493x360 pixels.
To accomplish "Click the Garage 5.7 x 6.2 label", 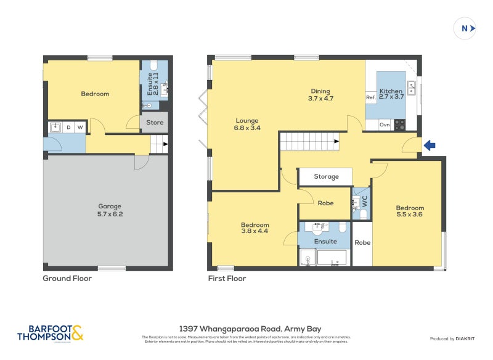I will (110, 210).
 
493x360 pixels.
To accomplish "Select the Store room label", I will (155, 123).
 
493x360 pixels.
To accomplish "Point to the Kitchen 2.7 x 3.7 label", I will (391, 94).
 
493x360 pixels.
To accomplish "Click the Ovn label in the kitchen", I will (385, 125).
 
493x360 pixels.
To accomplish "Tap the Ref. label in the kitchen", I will (371, 98).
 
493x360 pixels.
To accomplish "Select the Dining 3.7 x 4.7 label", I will (320, 94).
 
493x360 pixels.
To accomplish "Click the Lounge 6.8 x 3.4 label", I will (247, 125).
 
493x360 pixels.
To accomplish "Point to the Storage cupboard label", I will (326, 177).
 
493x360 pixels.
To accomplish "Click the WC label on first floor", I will (364, 200).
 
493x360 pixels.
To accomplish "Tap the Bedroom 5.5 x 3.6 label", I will (410, 211).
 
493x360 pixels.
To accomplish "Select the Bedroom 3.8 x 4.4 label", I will (255, 228).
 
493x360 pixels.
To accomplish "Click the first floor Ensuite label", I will (325, 242).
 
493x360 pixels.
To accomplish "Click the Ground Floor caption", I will (67, 279).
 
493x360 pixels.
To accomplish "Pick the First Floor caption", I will (227, 279).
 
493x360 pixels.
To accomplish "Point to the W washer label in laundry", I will (79, 128).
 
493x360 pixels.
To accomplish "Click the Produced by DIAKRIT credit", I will (451, 339).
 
